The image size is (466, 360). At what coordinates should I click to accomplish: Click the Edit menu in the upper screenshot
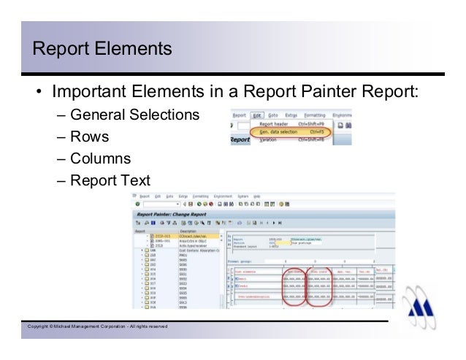click(x=257, y=115)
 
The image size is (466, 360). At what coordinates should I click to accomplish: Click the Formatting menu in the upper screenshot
click(x=315, y=115)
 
